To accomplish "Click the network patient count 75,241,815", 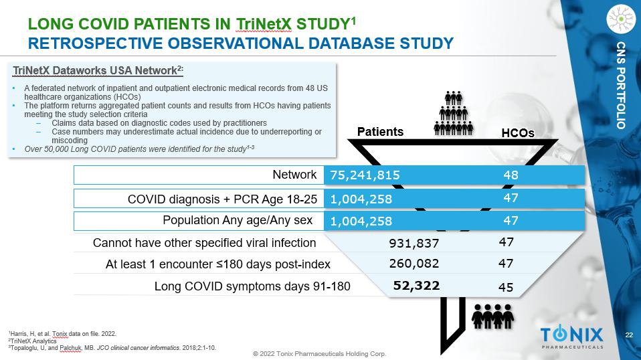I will pyautogui.click(x=365, y=175).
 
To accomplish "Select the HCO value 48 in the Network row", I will pyautogui.click(x=511, y=175).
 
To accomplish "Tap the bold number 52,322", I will pyautogui.click(x=416, y=286).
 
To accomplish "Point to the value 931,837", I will pyautogui.click(x=414, y=243).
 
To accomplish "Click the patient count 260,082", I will pyautogui.click(x=414, y=264).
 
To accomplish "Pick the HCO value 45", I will pyautogui.click(x=506, y=288).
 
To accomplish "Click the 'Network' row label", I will pyautogui.click(x=294, y=175).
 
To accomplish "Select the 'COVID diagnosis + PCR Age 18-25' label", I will pyautogui.click(x=222, y=199).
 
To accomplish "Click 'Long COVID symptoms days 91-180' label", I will pyautogui.click(x=252, y=286).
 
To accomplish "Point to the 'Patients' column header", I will pyautogui.click(x=380, y=131).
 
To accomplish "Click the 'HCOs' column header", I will pyautogui.click(x=518, y=133).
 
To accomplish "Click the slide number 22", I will pyautogui.click(x=629, y=335).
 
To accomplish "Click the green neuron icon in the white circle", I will pyautogui.click(x=621, y=19).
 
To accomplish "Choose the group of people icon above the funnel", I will pyautogui.click(x=454, y=112).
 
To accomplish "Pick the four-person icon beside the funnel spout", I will pyautogui.click(x=493, y=315).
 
